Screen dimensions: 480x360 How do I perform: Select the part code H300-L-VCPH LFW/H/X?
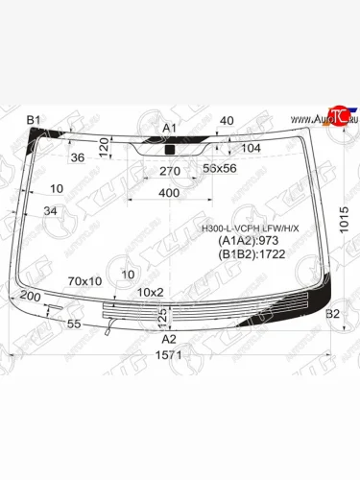250,228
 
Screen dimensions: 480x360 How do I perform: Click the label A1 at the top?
170,128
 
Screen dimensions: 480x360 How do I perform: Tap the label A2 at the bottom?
169,339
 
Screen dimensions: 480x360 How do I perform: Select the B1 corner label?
34,120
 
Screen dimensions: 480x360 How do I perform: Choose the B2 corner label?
333,315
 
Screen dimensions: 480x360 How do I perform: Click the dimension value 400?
169,193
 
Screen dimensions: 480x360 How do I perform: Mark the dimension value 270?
170,171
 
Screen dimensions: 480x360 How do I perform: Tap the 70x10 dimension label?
85,281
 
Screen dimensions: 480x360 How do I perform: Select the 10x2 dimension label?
151,292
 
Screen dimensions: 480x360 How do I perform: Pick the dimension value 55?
74,325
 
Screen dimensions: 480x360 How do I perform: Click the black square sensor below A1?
170,150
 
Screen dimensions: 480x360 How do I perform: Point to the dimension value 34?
50,211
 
